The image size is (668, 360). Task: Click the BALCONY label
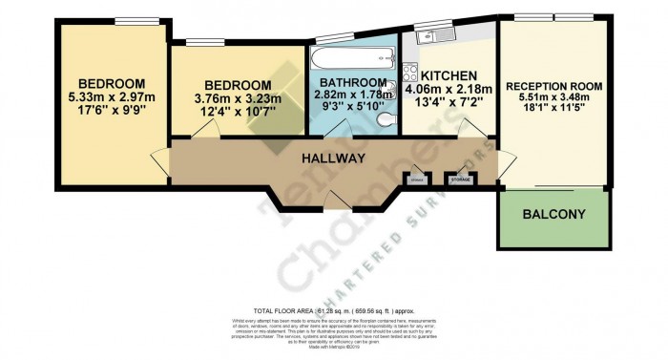point(553,215)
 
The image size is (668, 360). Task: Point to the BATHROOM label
point(353,82)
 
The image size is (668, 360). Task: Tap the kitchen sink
point(427,37)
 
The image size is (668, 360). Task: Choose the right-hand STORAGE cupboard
point(460,179)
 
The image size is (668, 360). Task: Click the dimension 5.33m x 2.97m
point(112,96)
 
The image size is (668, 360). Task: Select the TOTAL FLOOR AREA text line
point(334,311)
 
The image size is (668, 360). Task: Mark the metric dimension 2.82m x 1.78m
point(353,95)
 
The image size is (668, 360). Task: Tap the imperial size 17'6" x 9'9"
point(112,111)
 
